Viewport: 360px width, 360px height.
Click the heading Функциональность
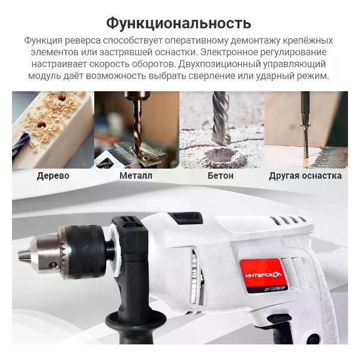[178, 23]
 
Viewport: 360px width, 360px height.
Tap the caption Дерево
[53, 176]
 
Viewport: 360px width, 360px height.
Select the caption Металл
[136, 176]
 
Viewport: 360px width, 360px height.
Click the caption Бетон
[220, 176]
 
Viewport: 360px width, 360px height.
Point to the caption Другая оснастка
[305, 176]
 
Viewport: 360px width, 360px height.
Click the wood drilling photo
[53, 129]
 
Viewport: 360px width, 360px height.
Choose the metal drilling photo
[136, 129]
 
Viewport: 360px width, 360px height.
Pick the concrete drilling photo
[221, 129]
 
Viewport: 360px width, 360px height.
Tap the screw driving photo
[306, 129]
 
